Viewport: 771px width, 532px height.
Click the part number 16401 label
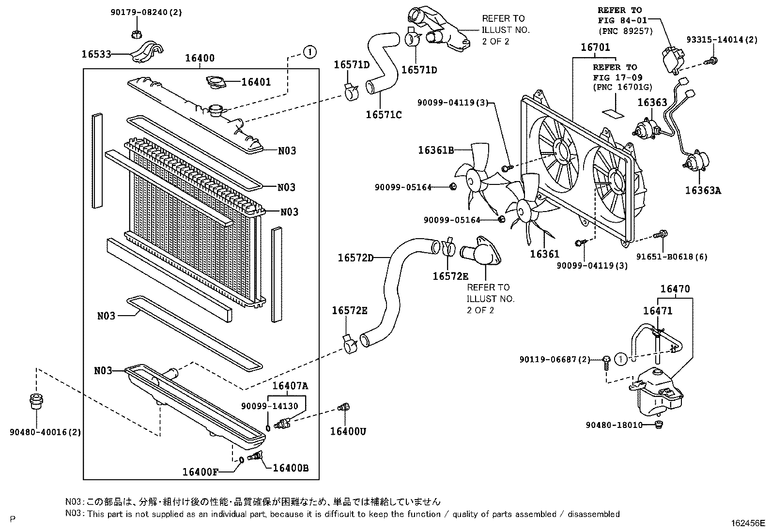(x=256, y=82)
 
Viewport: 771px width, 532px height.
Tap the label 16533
(x=96, y=54)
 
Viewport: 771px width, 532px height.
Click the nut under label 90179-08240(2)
(x=137, y=34)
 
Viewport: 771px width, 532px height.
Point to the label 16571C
(x=384, y=115)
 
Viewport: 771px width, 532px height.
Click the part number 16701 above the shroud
(x=595, y=47)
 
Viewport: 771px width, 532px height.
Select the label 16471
(x=657, y=311)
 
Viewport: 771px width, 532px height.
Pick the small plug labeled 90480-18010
(x=658, y=425)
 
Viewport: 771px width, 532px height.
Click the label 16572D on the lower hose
(x=355, y=258)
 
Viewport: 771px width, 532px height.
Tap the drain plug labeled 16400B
(x=255, y=456)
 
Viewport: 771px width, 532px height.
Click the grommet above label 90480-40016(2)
(x=35, y=402)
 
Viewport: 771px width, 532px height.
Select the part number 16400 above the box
(x=200, y=59)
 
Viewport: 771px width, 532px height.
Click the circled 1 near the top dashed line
(x=309, y=51)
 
